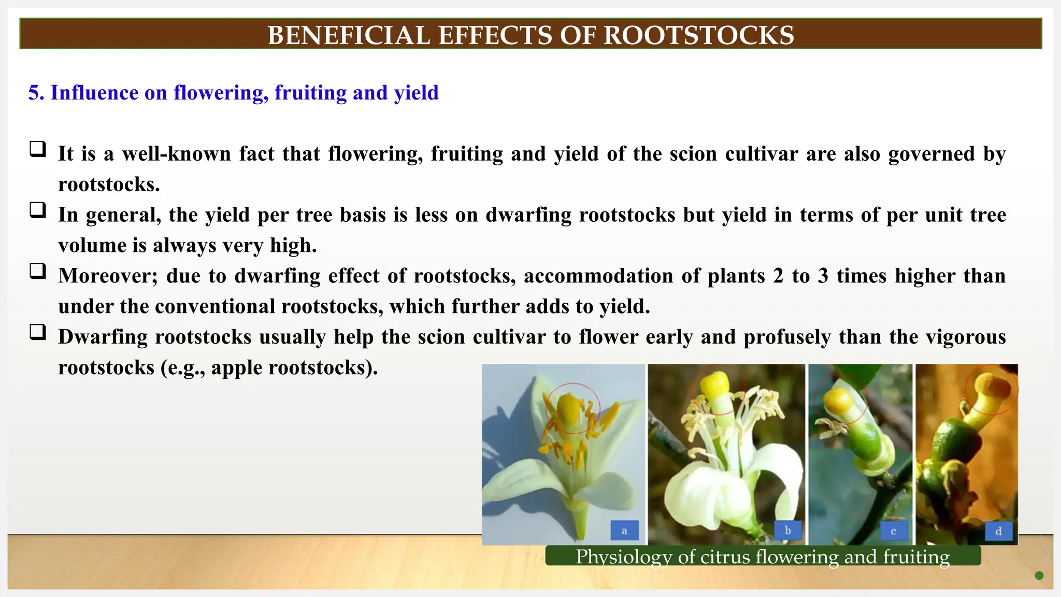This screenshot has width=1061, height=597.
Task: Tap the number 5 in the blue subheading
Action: (x=34, y=93)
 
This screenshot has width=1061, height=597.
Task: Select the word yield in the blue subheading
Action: (x=416, y=93)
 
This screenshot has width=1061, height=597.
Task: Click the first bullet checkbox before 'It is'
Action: (x=37, y=149)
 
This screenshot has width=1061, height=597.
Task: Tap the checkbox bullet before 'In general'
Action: (x=37, y=210)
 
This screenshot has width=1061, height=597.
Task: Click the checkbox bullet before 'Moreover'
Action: (x=37, y=272)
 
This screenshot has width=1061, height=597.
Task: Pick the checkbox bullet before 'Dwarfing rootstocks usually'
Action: (x=37, y=332)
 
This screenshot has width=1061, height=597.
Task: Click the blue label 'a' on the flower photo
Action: (x=624, y=531)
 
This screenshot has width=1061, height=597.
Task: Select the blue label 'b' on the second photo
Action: (x=787, y=531)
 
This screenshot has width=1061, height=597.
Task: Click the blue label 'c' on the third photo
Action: (x=893, y=531)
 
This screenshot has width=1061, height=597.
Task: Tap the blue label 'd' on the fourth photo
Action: (x=998, y=531)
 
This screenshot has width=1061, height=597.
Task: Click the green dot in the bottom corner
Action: (x=1039, y=575)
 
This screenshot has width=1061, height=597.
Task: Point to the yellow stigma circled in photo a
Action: (x=570, y=407)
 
